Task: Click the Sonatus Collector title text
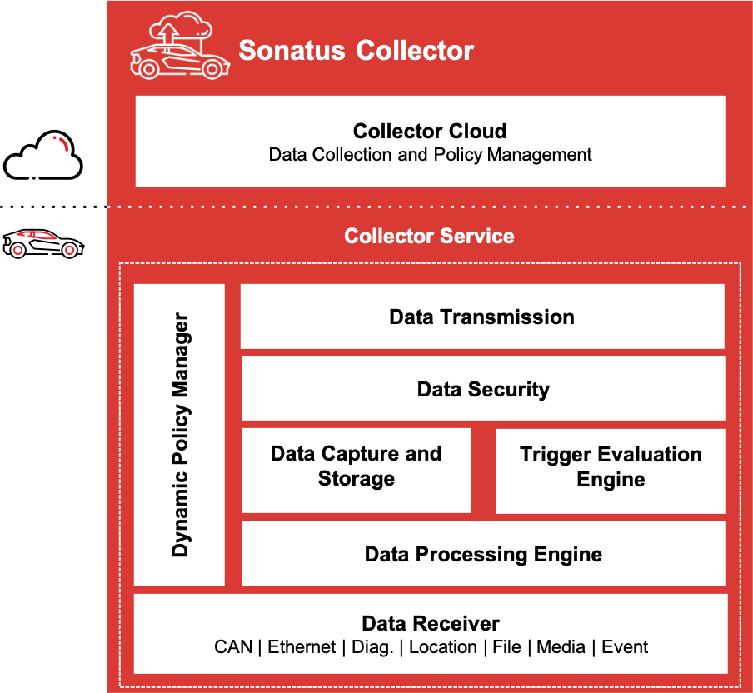(x=356, y=51)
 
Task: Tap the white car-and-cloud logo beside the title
(x=177, y=48)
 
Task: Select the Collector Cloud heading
(x=430, y=132)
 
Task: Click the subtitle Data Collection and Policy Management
(x=430, y=155)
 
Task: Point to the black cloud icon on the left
(x=43, y=156)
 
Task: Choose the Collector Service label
(x=429, y=237)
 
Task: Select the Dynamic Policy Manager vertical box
(x=180, y=435)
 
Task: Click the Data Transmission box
(x=481, y=317)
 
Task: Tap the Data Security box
(x=483, y=389)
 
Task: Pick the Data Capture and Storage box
(x=357, y=466)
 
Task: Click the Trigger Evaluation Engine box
(x=611, y=467)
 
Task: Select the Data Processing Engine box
(x=483, y=554)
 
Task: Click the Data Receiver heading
(x=431, y=624)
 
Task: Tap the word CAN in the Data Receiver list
(x=233, y=647)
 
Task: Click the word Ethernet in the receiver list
(x=302, y=647)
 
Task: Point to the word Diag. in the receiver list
(x=372, y=647)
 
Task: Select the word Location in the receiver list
(x=443, y=647)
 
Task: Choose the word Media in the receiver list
(x=561, y=647)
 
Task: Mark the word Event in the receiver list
(x=625, y=647)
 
